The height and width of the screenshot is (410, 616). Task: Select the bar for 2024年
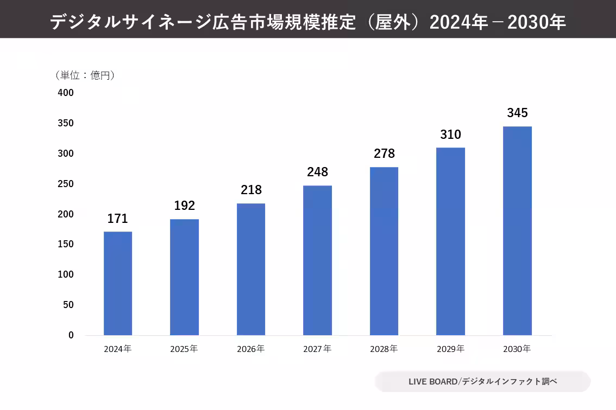pos(118,283)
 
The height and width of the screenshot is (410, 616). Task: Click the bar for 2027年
pos(317,260)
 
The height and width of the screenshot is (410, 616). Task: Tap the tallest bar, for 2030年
pos(517,230)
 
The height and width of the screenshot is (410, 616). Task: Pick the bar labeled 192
pos(184,277)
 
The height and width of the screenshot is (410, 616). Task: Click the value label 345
pos(517,113)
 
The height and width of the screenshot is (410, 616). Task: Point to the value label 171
pos(117,219)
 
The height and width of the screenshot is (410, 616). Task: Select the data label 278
pos(384,154)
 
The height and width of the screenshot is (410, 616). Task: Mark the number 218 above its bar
pos(251,190)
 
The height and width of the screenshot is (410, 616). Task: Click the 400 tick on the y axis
pos(66,93)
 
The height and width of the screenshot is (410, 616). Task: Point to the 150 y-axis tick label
pos(66,245)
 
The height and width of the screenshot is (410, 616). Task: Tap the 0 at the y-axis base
pos(71,335)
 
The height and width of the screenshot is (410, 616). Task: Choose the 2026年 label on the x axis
pos(251,349)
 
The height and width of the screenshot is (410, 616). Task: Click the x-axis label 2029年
pos(450,349)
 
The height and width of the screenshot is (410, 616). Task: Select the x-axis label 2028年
pos(384,349)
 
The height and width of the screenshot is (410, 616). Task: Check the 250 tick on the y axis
pos(66,184)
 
